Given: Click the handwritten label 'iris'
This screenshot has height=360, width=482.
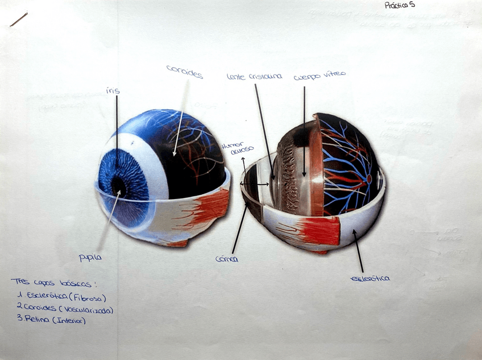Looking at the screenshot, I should [x=113, y=91].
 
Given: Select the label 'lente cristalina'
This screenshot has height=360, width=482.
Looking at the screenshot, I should [x=254, y=76].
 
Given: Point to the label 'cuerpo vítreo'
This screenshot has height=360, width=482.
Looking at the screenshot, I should [x=319, y=76].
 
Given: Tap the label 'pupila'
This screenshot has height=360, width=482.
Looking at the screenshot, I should [x=90, y=258].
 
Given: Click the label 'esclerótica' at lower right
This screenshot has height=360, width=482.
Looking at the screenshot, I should [x=370, y=278].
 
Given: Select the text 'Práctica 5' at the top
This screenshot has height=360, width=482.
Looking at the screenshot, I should [x=400, y=6].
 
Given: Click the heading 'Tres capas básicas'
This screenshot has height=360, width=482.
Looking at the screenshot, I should [x=53, y=283].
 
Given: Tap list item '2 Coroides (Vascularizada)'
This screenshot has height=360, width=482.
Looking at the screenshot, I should [x=64, y=309].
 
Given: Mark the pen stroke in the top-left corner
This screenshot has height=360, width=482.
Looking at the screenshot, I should [x=18, y=19].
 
